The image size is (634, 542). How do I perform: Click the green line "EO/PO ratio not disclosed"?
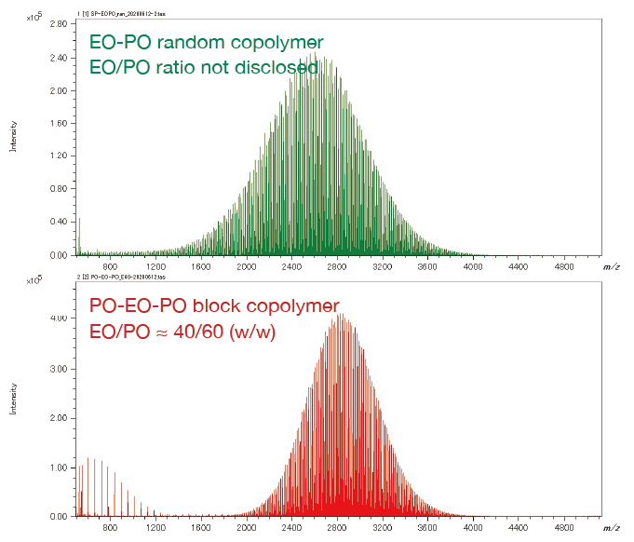click(x=203, y=68)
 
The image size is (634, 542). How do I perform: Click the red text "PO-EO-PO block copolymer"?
click(x=213, y=305)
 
